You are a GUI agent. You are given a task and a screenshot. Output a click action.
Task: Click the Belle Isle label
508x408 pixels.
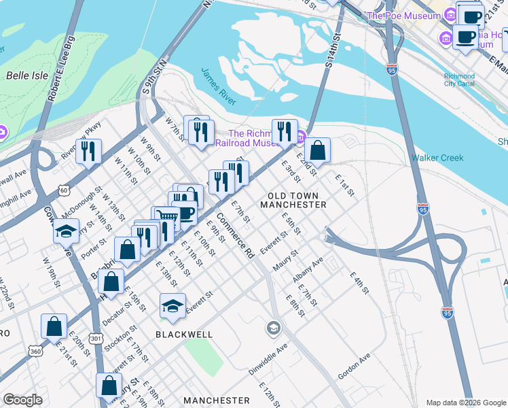tap(27, 75)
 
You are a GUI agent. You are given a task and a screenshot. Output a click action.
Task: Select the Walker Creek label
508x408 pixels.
tap(437, 158)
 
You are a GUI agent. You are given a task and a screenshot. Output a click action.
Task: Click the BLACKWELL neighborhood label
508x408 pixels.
tap(184, 335)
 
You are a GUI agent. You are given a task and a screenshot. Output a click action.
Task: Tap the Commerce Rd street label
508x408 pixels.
tap(235, 241)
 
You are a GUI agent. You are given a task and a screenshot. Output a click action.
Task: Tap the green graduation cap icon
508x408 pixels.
tap(173, 305)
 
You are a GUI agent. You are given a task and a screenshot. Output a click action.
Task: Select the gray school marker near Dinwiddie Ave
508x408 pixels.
tap(273, 329)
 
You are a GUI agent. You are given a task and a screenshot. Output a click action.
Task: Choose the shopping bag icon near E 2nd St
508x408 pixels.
tap(317, 150)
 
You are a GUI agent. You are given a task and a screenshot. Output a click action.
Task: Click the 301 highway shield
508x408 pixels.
tap(95, 337)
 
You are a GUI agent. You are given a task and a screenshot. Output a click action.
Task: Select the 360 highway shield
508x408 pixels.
tap(35, 350)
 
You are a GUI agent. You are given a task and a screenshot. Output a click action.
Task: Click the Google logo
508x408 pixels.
tap(22, 400)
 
